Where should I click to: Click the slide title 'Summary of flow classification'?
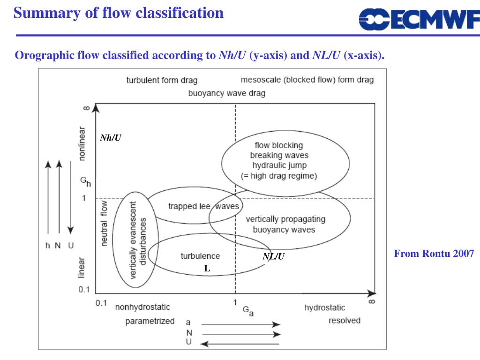(x=119, y=13)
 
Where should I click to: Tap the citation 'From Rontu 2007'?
(x=434, y=254)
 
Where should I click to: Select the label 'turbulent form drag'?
(x=162, y=80)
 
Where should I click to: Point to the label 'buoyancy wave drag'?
(x=226, y=93)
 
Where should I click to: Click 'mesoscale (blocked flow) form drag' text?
(x=307, y=80)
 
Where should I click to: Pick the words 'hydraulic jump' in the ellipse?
(x=279, y=165)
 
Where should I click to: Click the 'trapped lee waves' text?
(x=203, y=206)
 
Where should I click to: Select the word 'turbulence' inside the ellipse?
(x=200, y=256)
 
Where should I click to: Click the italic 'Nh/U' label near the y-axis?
(x=111, y=138)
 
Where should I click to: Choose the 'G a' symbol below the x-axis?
(x=247, y=311)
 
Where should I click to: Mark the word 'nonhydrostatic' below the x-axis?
(x=142, y=307)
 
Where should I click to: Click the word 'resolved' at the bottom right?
(x=345, y=321)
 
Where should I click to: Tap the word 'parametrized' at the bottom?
(x=150, y=321)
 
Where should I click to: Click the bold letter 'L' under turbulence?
(x=207, y=269)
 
